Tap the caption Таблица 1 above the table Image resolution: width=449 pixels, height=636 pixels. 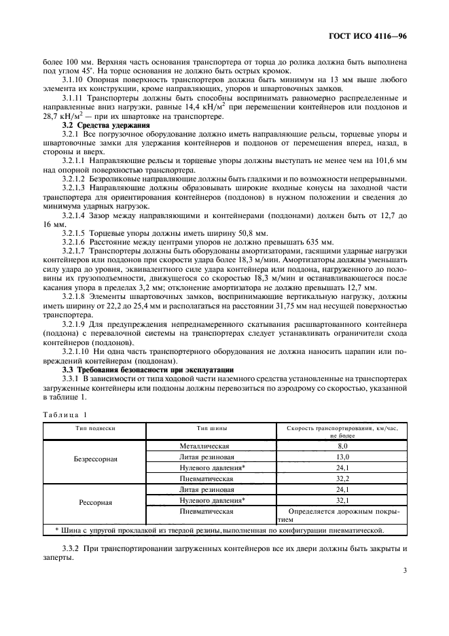pyautogui.click(x=65, y=414)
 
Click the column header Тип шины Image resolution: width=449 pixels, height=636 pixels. pyautogui.click(x=212, y=429)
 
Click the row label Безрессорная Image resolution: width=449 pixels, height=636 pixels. pyautogui.click(x=95, y=459)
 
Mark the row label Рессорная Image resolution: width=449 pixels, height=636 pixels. pyautogui.click(x=96, y=503)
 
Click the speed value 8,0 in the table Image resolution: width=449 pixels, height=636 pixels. pyautogui.click(x=342, y=446)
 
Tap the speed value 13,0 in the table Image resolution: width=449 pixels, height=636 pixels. pyautogui.click(x=342, y=457)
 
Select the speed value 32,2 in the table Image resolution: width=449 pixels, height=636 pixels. pyautogui.click(x=342, y=479)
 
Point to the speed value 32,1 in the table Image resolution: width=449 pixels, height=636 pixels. pyautogui.click(x=342, y=501)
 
